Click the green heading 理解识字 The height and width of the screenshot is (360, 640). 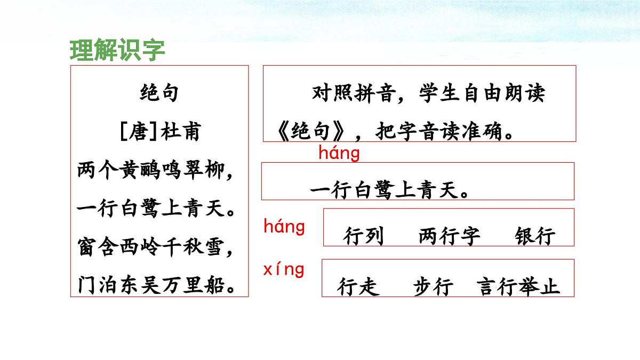point(117,50)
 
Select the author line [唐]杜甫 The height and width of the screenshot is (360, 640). point(159,131)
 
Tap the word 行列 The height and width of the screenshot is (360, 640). point(364,236)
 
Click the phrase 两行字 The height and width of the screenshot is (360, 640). point(450,236)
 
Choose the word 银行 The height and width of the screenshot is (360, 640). point(535,236)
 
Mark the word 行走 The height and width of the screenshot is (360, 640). point(358,287)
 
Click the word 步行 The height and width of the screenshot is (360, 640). point(433,287)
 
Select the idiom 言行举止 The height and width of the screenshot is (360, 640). point(518,287)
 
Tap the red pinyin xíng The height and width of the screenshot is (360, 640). point(284,269)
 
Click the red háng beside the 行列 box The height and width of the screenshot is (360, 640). point(284,227)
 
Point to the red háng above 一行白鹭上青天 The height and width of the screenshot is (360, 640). point(339,153)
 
